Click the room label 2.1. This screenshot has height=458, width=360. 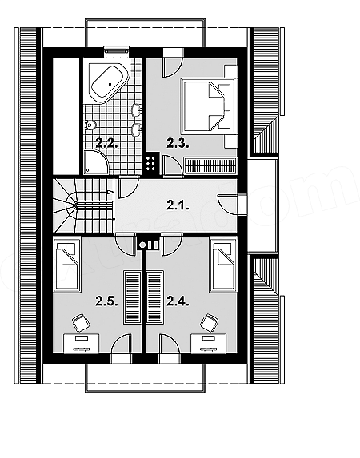[178, 206]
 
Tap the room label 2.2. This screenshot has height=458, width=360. [107, 144]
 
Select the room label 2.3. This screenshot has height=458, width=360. [178, 144]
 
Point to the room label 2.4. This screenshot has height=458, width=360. [178, 301]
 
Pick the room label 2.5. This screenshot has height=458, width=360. [107, 301]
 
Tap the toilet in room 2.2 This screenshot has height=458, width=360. [90, 125]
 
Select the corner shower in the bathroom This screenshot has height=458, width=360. [96, 162]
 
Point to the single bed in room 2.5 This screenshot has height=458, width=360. [67, 265]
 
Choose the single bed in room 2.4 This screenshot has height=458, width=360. [223, 265]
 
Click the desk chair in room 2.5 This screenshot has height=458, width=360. [81, 322]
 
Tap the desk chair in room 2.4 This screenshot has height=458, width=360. [210, 322]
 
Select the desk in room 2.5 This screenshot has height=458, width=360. [82, 344]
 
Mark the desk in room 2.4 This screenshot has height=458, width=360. [208, 344]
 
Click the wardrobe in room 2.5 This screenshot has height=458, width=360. [132, 297]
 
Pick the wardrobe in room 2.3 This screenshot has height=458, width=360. [210, 166]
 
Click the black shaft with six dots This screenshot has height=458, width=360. [151, 164]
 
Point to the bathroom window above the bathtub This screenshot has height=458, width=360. [117, 50]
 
